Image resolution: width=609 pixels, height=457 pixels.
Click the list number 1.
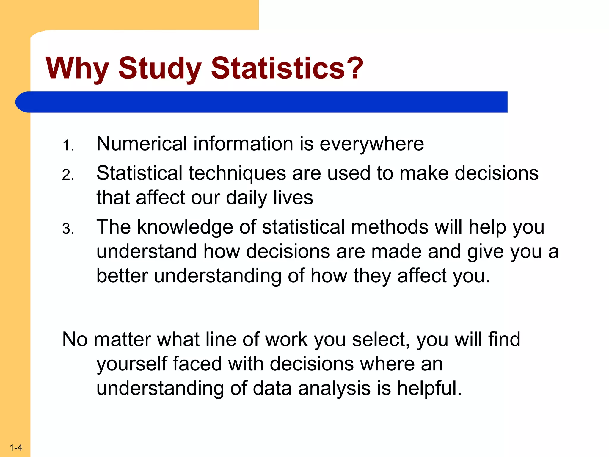pos(68,146)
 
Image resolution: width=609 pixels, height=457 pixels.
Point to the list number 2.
pos(68,175)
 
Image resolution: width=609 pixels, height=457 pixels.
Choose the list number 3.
pos(68,229)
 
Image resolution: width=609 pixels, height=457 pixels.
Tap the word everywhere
pos(372,144)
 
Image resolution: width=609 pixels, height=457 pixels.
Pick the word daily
pos(247,198)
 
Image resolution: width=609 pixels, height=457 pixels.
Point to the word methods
pos(390,227)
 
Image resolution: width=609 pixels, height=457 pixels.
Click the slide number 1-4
pos(16,447)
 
